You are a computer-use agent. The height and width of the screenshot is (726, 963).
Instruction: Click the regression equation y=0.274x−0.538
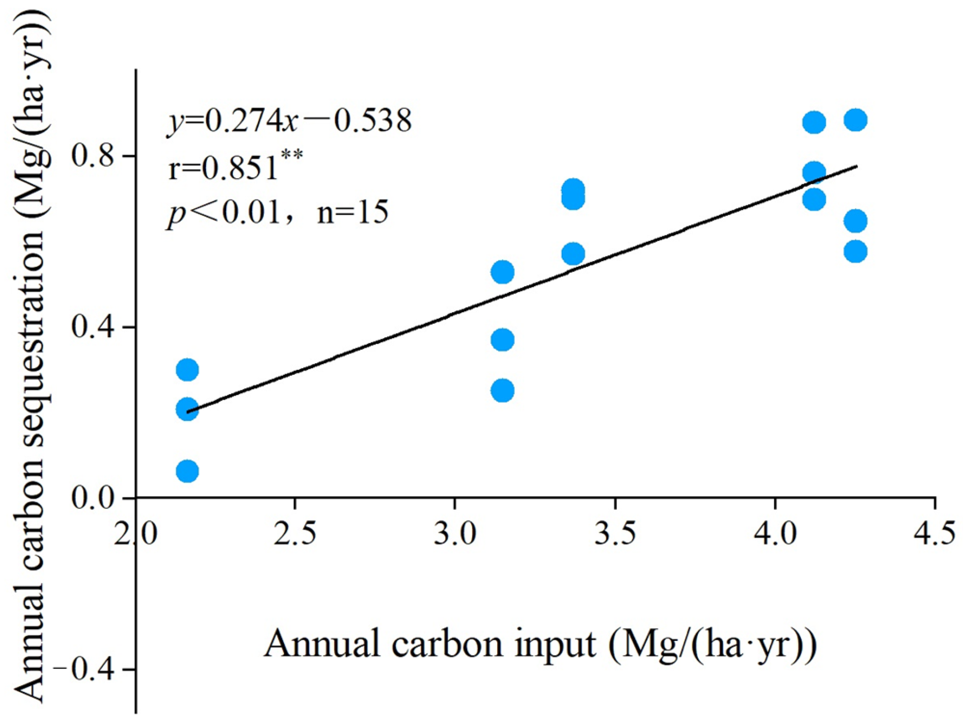tap(289, 121)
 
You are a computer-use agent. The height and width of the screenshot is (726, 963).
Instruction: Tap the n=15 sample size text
tap(353, 212)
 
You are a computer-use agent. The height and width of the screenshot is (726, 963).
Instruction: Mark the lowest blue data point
tap(188, 472)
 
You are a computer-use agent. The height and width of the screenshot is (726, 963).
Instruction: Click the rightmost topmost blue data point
tap(856, 120)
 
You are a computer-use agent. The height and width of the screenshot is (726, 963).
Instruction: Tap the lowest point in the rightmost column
tap(856, 252)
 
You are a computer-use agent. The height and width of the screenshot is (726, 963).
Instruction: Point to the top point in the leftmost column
tap(188, 370)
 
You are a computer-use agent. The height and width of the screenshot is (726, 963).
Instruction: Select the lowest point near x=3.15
tap(503, 391)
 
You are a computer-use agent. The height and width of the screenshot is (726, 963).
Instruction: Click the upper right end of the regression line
tap(856, 166)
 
